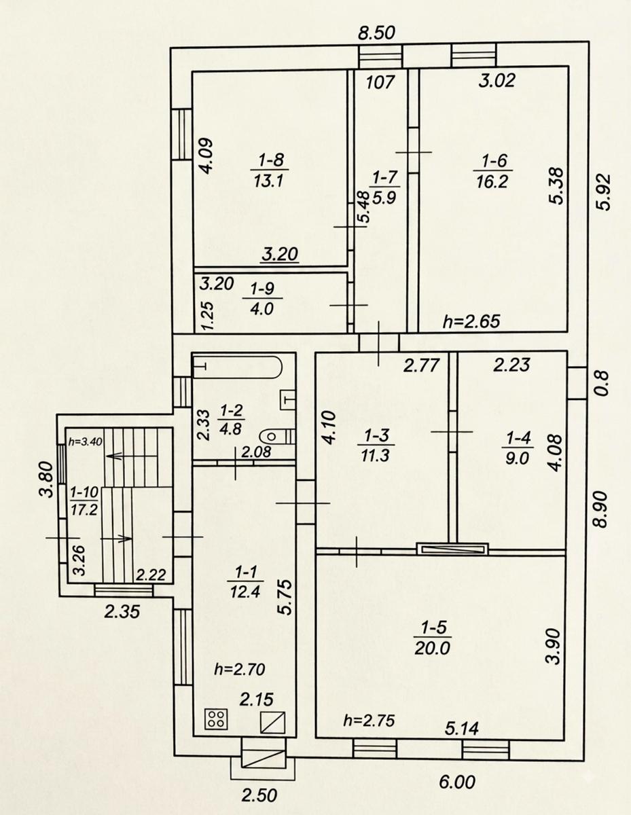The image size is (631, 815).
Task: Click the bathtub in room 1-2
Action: click(x=237, y=367)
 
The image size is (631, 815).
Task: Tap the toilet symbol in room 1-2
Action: click(x=276, y=437)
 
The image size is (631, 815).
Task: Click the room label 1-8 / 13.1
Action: click(x=270, y=171)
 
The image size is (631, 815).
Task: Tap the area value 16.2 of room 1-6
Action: click(x=492, y=182)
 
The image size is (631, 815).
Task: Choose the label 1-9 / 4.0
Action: click(x=262, y=299)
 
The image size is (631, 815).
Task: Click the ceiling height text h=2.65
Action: click(x=471, y=321)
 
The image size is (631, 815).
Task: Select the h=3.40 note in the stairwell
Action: click(x=85, y=441)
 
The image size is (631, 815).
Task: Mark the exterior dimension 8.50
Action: click(x=376, y=33)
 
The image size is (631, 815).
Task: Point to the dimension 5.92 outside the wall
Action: click(x=604, y=192)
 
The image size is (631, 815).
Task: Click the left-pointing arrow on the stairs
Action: click(x=131, y=456)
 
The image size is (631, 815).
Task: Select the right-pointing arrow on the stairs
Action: click(x=117, y=539)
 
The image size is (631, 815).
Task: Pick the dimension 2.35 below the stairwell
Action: click(x=122, y=613)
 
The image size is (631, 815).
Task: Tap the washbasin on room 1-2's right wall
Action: click(x=288, y=400)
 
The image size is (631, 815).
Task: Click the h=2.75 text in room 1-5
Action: click(x=369, y=721)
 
